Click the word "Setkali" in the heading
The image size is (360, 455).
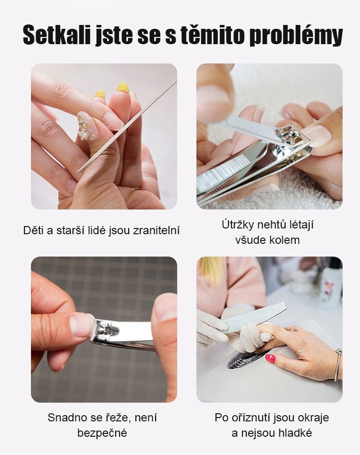(x=56, y=35)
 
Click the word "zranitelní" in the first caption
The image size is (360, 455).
(x=156, y=230)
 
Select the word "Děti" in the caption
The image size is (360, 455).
(x=34, y=230)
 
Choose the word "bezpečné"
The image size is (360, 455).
(x=102, y=433)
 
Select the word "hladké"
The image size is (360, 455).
(x=295, y=433)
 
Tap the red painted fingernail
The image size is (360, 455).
(x=270, y=359)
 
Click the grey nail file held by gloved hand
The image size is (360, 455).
(x=254, y=317)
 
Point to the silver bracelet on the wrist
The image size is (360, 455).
(x=338, y=364)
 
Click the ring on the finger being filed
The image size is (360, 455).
(x=292, y=329)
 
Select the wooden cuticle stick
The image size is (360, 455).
(x=127, y=126)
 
